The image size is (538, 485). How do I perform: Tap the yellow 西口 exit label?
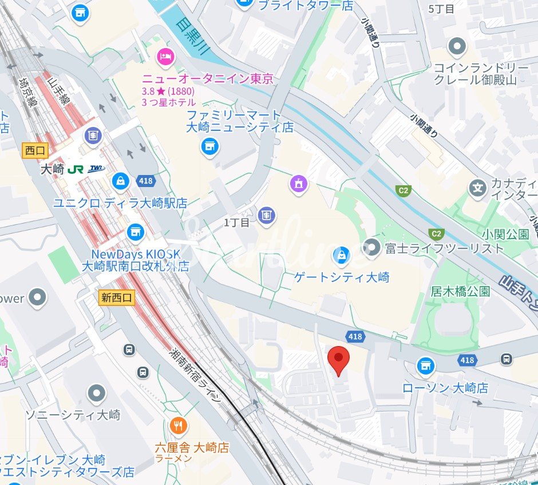click(35, 150)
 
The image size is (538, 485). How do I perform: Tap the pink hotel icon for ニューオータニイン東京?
click(166, 57)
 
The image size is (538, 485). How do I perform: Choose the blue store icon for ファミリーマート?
click(210, 147)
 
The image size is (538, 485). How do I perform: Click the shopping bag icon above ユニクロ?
click(121, 181)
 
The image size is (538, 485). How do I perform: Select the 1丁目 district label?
click(236, 222)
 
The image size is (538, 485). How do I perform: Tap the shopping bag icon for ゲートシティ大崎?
click(342, 255)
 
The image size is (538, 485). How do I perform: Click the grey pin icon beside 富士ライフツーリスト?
click(372, 248)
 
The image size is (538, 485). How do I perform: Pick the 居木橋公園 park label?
click(460, 291)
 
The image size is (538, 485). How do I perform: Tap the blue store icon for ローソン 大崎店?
click(425, 366)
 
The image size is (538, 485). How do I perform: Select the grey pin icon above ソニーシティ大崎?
click(96, 393)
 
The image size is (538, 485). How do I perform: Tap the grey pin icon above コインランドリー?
click(457, 46)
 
